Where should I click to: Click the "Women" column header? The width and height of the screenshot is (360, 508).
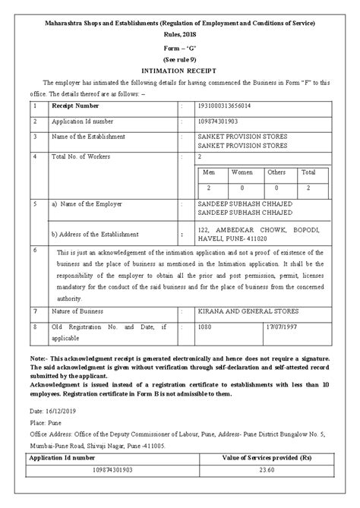pyautogui.click(x=242, y=172)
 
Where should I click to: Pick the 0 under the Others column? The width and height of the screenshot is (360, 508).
pyautogui.click(x=276, y=187)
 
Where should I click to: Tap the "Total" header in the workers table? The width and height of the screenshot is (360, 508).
pyautogui.click(x=308, y=172)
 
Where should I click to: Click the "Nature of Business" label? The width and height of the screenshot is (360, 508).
pyautogui.click(x=80, y=311)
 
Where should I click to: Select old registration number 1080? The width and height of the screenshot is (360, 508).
pyautogui.click(x=204, y=327)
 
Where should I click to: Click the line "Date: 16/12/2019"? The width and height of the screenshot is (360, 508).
pyautogui.click(x=51, y=408)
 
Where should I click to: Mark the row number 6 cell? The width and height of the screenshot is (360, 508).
pyautogui.click(x=35, y=249)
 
